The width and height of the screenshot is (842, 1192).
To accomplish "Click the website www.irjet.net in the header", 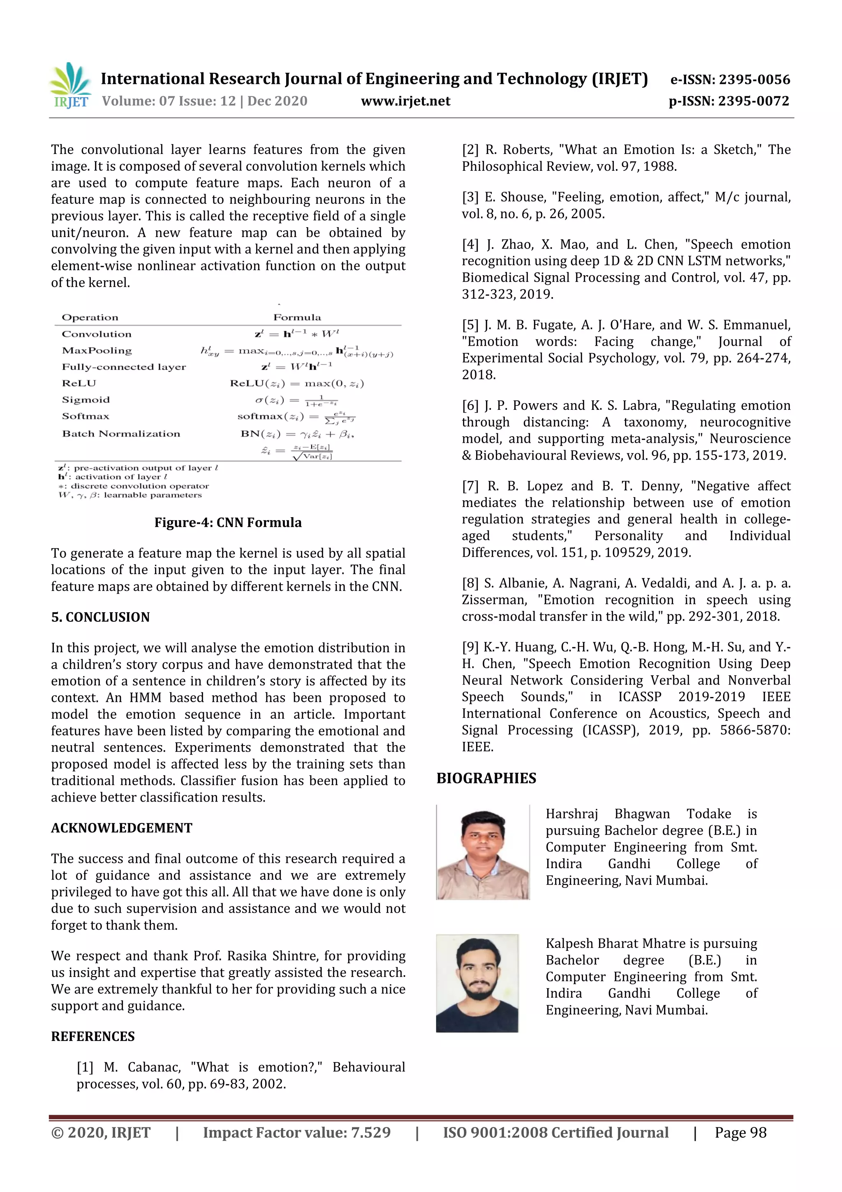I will (x=405, y=101).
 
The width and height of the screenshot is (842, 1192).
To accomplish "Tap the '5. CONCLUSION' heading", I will (x=100, y=617).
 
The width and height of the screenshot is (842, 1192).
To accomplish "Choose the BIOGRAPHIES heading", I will (x=486, y=778).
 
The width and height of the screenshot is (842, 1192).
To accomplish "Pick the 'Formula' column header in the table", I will (x=297, y=317).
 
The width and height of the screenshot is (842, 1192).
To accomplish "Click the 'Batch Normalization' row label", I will (x=121, y=434).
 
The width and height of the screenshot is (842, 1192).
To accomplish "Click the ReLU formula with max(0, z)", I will (x=297, y=383).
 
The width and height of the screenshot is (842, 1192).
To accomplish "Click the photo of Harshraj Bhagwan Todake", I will (x=483, y=852).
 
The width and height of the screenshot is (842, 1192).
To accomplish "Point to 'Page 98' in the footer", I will (x=740, y=1132).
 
